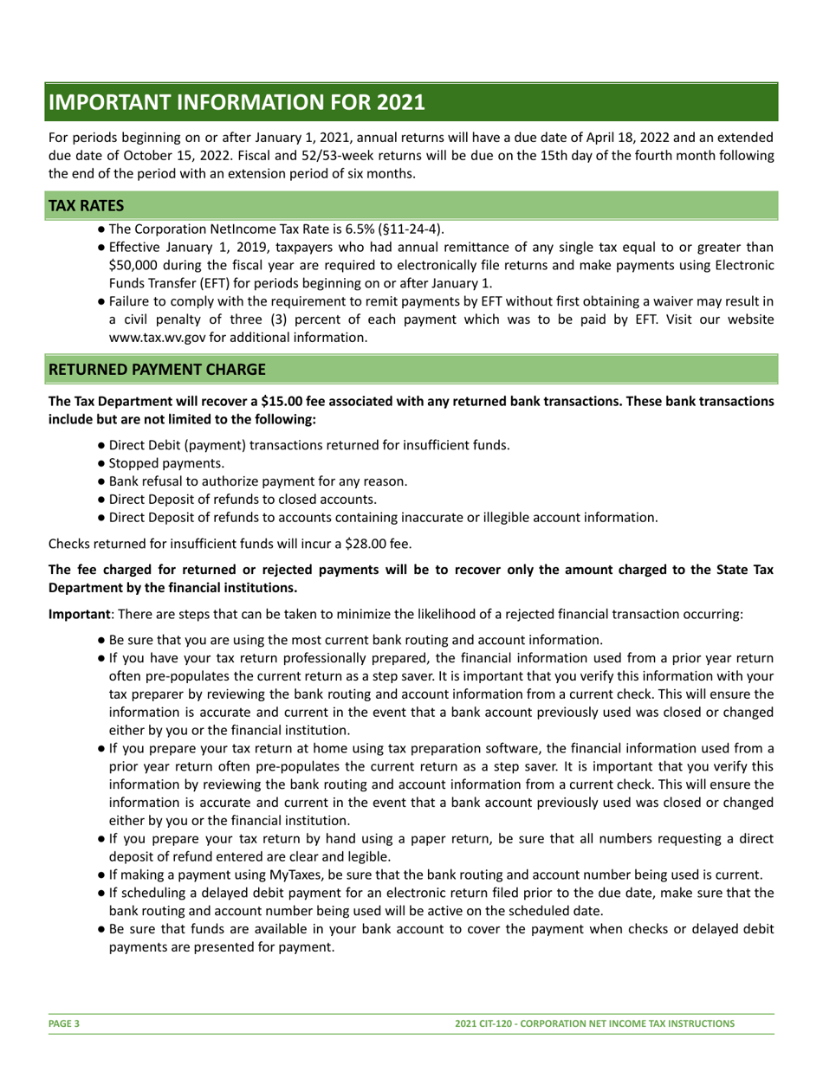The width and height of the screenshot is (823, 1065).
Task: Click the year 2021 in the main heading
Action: click(x=401, y=102)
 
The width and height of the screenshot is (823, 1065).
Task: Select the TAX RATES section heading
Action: click(x=86, y=205)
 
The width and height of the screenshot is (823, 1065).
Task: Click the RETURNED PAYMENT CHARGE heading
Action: click(x=157, y=369)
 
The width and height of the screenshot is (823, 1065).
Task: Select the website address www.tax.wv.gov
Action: click(x=156, y=338)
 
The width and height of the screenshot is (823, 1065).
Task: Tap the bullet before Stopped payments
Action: click(x=102, y=463)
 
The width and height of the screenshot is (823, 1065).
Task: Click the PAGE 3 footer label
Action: click(x=64, y=1023)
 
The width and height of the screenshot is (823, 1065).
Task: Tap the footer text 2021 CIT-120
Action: click(x=490, y=1023)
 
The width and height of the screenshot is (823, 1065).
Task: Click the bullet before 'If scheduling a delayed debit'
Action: click(x=102, y=893)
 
